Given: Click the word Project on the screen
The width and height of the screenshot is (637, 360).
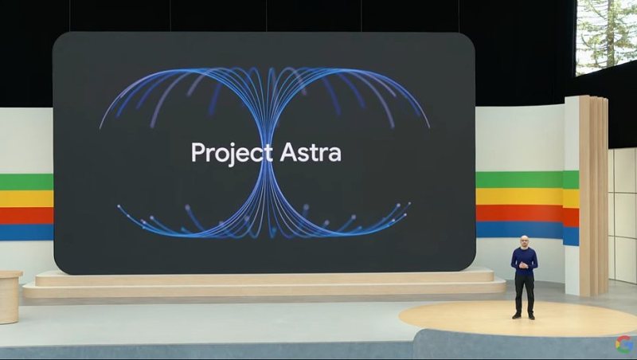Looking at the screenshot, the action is [x=232, y=153].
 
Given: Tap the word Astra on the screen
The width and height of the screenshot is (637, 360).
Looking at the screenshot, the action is [x=311, y=152].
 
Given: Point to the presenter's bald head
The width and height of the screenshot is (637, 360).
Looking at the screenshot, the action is [x=525, y=241].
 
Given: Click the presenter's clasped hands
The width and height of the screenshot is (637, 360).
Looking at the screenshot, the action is [x=523, y=265].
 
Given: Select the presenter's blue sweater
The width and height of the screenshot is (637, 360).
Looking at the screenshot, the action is [x=524, y=261].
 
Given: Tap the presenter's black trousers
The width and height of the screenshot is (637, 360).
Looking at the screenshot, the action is [x=524, y=294].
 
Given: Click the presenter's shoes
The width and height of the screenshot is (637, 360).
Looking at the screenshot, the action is [x=524, y=315].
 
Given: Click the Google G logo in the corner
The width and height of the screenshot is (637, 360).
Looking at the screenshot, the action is [x=623, y=344].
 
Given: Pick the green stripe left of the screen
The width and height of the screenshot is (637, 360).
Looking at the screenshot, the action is [x=26, y=182].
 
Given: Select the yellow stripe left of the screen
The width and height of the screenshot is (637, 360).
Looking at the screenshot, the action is [x=26, y=198].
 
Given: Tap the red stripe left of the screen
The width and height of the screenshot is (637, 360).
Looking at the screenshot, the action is [x=26, y=215].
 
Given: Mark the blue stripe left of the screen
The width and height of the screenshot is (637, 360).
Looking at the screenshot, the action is [x=26, y=232].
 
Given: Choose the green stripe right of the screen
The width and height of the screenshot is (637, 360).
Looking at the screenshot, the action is [x=527, y=179].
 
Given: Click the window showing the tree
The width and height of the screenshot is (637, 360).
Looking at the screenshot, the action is [x=606, y=36].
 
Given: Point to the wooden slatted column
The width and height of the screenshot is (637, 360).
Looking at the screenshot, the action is [x=593, y=195].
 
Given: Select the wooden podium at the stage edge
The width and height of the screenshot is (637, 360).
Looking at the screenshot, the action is [x=10, y=297].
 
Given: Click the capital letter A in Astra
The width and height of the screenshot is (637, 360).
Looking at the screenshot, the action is [x=288, y=152].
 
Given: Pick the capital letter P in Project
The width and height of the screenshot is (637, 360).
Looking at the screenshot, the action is [x=197, y=152].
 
